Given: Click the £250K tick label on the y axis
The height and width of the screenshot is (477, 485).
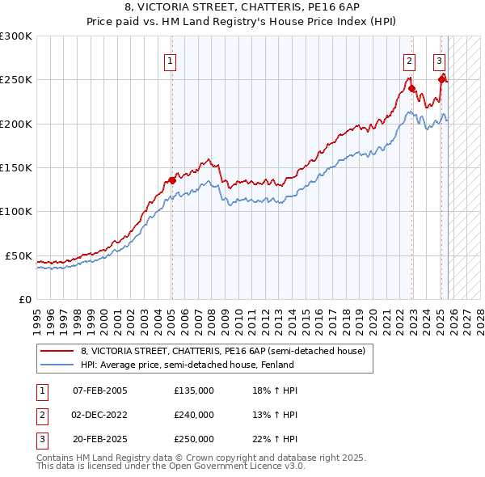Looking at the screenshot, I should (16, 80).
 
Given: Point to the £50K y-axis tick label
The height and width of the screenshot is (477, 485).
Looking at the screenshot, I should (19, 255).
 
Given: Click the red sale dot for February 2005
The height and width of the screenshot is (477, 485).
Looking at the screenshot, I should (172, 180).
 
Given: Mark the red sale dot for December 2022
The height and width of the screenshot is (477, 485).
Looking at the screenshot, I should (411, 88).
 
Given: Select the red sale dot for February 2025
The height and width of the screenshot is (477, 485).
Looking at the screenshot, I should (442, 79).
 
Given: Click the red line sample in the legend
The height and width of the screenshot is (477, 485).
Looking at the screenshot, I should (57, 352).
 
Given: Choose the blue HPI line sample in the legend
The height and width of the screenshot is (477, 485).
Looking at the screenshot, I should (57, 365).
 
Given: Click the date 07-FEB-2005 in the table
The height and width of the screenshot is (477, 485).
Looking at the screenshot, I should (99, 390).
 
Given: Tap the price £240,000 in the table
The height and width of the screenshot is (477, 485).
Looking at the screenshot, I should (194, 415).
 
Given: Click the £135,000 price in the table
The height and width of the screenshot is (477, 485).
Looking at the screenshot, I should (194, 390).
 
